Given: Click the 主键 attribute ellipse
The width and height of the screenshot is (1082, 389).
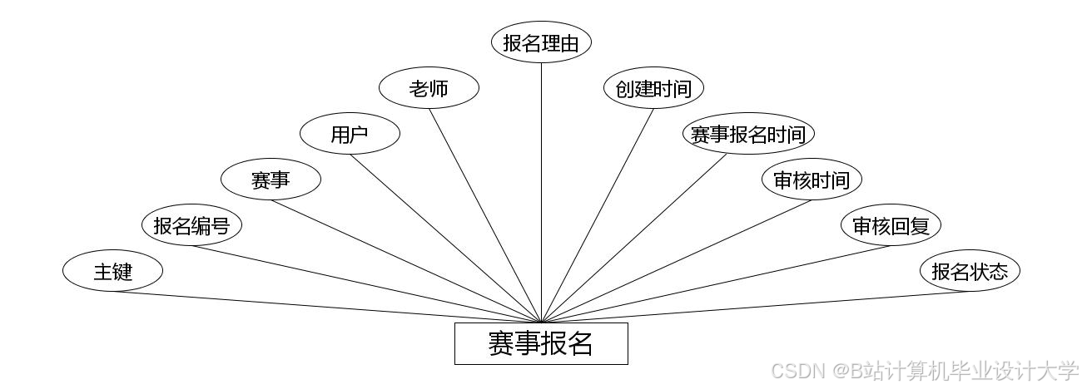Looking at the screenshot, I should coord(112,271).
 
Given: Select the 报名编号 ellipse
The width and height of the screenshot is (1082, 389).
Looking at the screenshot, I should coord(191,225).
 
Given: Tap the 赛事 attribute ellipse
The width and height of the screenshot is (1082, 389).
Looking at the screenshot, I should coord(270,180).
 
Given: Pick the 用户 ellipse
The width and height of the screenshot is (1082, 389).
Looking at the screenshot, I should coord(350,134).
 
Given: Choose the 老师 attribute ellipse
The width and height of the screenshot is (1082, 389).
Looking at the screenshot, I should coord(429,88).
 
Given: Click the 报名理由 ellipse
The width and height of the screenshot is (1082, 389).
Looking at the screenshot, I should coord(541,42).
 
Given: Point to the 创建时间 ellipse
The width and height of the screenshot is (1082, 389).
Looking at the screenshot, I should coord(653,88).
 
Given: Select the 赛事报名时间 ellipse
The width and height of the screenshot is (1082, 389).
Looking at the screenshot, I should coord(748,134).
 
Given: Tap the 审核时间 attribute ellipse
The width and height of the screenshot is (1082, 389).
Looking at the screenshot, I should coord(811,180).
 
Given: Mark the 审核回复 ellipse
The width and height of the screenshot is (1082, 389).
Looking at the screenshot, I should coord(891,225).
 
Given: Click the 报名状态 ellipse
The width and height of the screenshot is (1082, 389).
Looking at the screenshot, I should coord(970,271).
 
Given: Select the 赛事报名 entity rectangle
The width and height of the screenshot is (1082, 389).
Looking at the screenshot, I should coord(541,343).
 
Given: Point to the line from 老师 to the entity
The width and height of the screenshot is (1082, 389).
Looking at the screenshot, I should coord(485,215).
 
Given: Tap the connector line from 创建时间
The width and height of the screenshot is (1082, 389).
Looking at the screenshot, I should coord(598,215).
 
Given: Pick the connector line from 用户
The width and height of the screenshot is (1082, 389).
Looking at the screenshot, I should coord(445,239).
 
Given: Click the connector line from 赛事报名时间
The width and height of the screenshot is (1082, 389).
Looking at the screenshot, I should coord(635,239).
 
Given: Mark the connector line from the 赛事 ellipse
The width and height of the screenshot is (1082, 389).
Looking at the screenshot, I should coord(406,261).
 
